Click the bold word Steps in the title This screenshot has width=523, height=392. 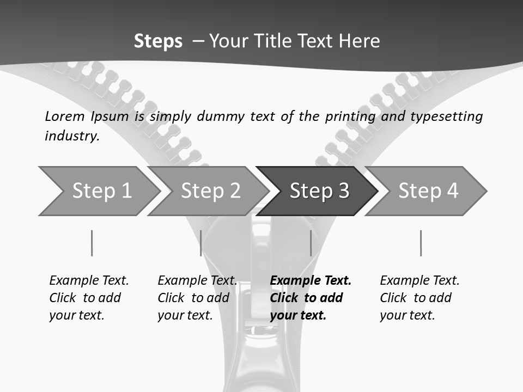pyautogui.click(x=158, y=41)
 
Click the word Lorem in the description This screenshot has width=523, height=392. pyautogui.click(x=65, y=116)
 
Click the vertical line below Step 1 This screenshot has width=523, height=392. pyautogui.click(x=92, y=243)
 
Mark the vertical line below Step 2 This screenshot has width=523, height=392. pyautogui.click(x=201, y=243)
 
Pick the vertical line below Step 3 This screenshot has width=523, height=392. pyautogui.click(x=311, y=243)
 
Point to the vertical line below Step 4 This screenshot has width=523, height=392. pyautogui.click(x=421, y=243)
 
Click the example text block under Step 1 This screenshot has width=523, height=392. pyautogui.click(x=89, y=298)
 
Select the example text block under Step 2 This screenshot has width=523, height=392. pyautogui.click(x=197, y=298)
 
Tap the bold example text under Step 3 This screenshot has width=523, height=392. pyautogui.click(x=311, y=298)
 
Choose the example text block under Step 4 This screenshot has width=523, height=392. pyautogui.click(x=419, y=298)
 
